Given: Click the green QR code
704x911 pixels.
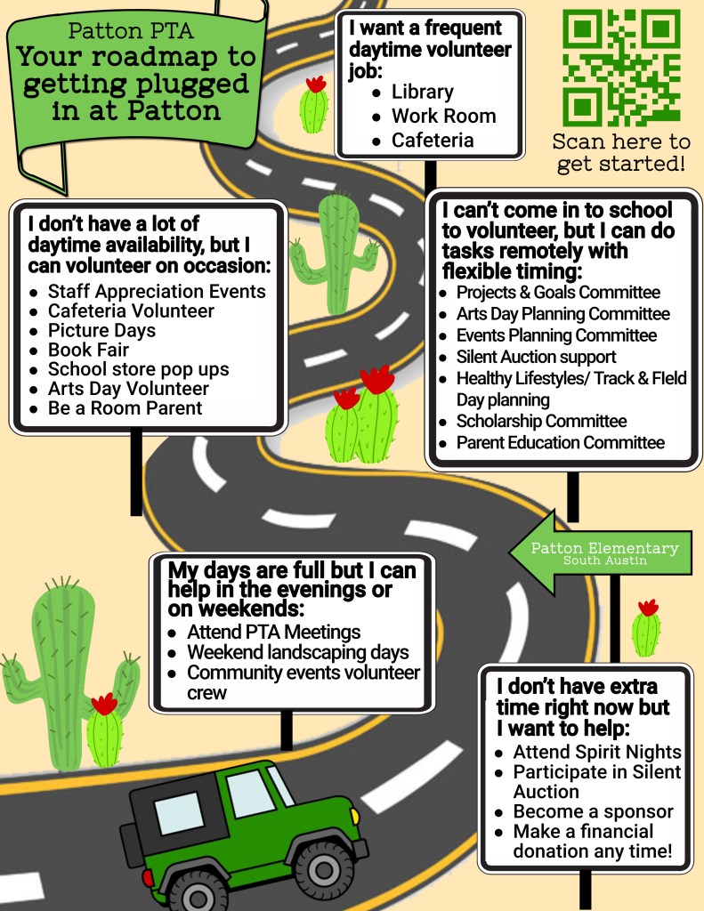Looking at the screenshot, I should [x=621, y=68].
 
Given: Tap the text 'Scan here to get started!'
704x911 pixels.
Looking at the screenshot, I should [x=621, y=152].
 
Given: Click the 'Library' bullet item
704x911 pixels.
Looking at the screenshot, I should [x=422, y=92].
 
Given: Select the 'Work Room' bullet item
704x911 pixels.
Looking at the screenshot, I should [x=443, y=116].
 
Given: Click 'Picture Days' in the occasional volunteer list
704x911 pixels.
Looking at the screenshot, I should [x=101, y=330].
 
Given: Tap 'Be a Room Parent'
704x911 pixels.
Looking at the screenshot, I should [x=125, y=408].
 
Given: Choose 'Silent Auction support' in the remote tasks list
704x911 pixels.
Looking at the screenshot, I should [x=536, y=357].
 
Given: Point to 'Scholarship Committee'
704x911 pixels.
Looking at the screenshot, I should [x=541, y=421].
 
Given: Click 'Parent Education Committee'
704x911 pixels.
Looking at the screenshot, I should [x=560, y=442].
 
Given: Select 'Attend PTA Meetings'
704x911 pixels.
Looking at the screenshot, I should [x=273, y=632].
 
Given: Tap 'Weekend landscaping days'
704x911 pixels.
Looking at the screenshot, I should [x=297, y=652].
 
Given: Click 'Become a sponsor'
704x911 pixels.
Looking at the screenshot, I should [x=593, y=811].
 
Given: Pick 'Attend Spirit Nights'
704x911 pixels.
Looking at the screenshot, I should [x=597, y=752].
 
